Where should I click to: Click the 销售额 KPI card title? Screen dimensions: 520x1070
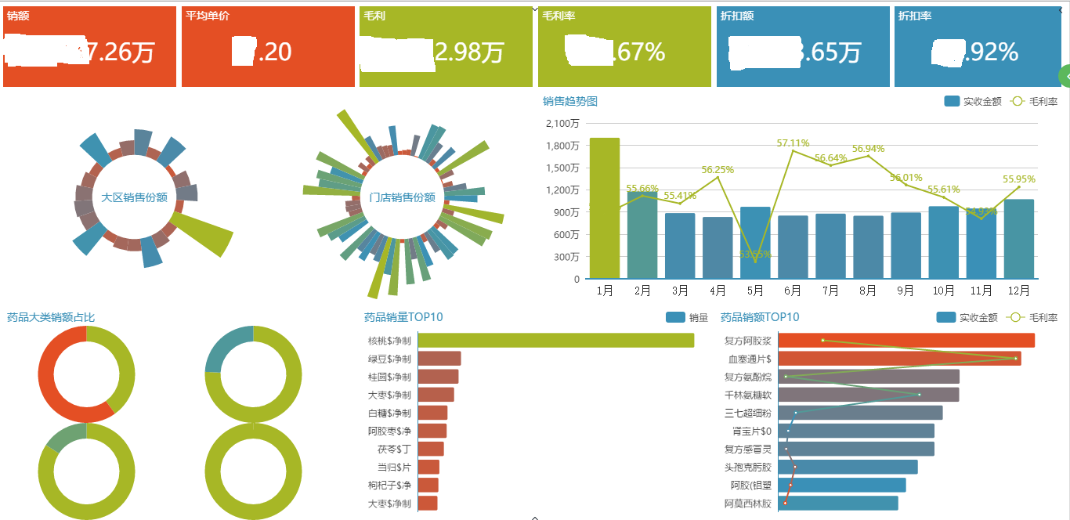[x=18, y=16]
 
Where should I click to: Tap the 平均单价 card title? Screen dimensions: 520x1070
[x=208, y=16]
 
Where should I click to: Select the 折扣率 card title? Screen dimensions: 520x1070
[x=915, y=16]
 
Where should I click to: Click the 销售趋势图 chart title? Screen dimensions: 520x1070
[x=570, y=101]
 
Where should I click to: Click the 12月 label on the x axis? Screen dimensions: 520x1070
[x=1018, y=291]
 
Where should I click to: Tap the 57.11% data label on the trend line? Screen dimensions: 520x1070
[x=793, y=143]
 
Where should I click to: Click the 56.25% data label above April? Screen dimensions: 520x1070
[x=718, y=169]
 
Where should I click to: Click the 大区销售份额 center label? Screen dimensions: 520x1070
[x=135, y=197]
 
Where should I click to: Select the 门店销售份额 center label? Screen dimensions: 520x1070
[x=402, y=197]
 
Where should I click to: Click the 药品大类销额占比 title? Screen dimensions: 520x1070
[x=51, y=317]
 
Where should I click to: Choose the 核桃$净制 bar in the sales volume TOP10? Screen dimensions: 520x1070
[x=555, y=341]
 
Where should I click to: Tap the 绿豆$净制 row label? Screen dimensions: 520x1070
[x=389, y=359]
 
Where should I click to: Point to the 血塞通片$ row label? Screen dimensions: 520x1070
[x=748, y=359]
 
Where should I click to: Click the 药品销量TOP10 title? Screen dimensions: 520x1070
[x=403, y=317]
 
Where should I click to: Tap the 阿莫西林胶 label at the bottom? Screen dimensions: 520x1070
[x=748, y=504]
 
